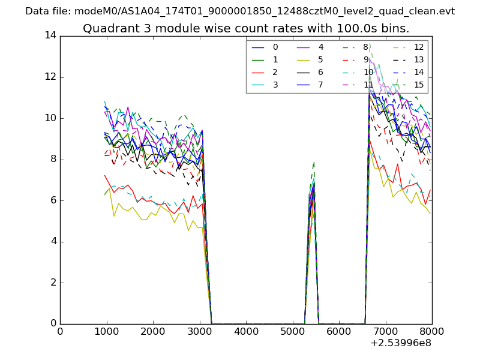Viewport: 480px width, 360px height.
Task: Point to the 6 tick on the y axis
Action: (x=53, y=200)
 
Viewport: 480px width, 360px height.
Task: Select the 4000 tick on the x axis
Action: (x=246, y=331)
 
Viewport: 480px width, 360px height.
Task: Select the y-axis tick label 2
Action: (x=53, y=283)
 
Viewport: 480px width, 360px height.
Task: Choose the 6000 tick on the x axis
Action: (x=339, y=331)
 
